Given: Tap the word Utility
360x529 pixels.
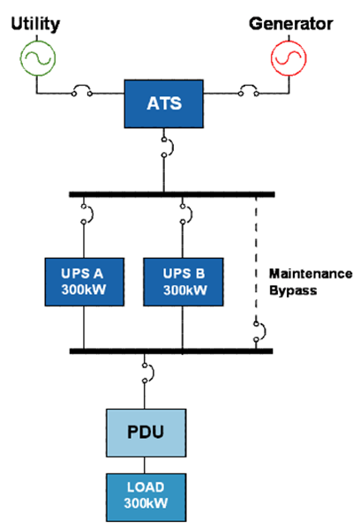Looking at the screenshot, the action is [35, 25].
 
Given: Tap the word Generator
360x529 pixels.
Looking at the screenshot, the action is [290, 24].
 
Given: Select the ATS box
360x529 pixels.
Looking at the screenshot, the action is [164, 103].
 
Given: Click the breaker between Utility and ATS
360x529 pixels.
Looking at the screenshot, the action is [81, 87].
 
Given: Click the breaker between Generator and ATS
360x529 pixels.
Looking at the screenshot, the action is [249, 87].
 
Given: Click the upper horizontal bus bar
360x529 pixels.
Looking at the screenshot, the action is [172, 194].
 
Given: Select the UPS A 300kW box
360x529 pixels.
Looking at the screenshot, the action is [85, 282].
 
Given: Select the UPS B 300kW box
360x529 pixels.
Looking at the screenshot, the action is [184, 282].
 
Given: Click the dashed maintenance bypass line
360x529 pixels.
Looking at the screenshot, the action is [256, 259].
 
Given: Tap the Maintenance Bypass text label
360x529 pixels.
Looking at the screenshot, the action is [311, 282].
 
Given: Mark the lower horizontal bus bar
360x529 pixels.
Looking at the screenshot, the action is [171, 351].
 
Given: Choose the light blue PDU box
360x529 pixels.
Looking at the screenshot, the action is [146, 433].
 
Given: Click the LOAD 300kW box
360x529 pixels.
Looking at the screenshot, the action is [146, 497].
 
